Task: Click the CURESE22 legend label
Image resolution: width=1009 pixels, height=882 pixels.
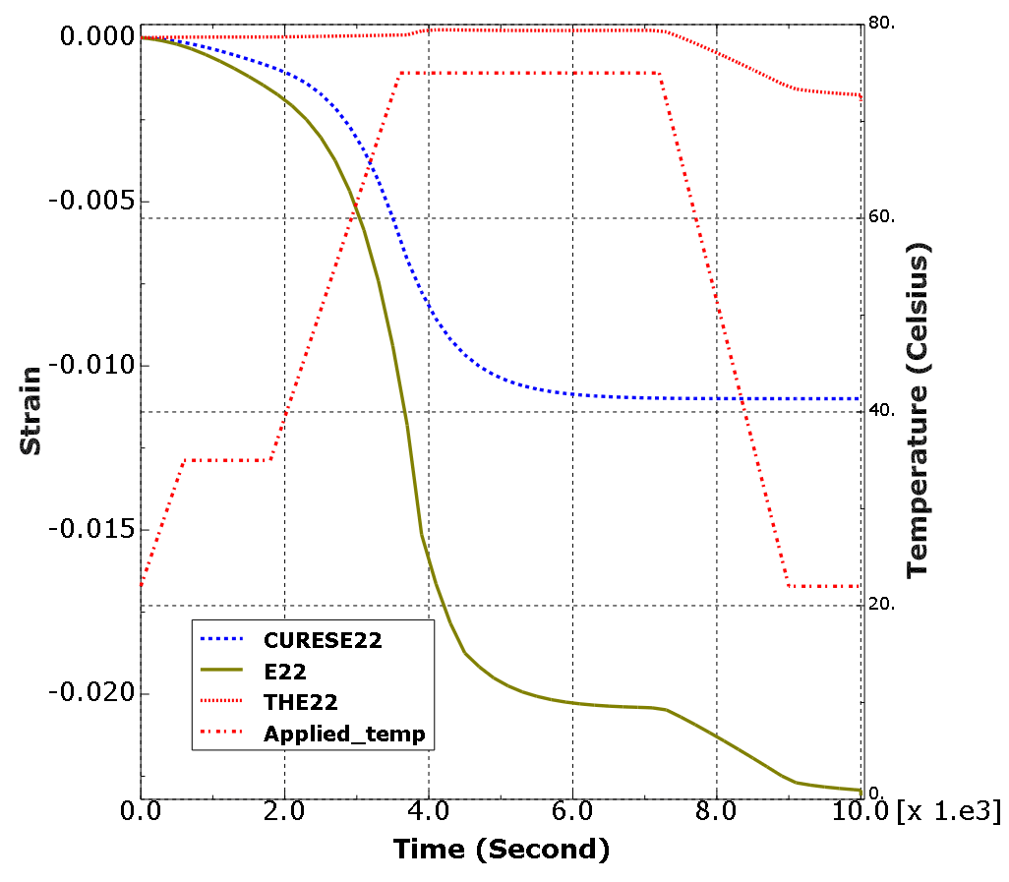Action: [323, 640]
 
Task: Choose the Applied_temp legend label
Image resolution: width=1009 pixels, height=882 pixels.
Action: [344, 733]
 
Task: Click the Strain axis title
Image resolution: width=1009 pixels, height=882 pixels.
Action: [31, 410]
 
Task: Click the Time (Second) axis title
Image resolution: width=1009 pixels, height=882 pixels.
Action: [502, 849]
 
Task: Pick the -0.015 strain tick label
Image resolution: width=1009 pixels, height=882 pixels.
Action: [91, 529]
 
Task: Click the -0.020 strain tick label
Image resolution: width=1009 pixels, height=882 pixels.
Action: [91, 693]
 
